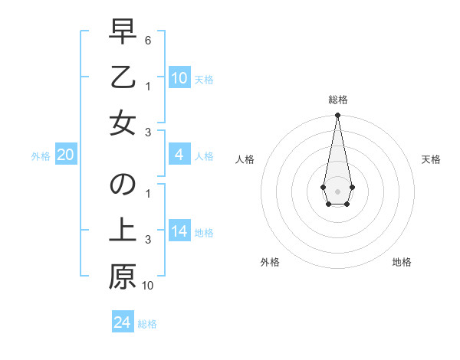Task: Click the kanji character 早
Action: click(123, 31)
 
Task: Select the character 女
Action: click(123, 123)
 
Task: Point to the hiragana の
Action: click(123, 185)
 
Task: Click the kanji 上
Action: click(123, 231)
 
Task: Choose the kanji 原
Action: click(123, 277)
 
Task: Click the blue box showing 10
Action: click(179, 78)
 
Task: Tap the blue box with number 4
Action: click(179, 155)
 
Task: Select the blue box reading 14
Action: click(179, 232)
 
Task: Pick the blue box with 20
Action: click(66, 155)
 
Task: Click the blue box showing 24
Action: click(123, 323)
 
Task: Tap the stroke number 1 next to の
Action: click(147, 193)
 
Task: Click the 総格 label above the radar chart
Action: click(337, 100)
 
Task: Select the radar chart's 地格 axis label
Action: click(402, 262)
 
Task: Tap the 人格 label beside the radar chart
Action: click(245, 159)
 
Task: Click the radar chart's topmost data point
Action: click(337, 116)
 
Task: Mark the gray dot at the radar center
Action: click(337, 190)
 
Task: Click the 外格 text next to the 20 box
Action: click(41, 156)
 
